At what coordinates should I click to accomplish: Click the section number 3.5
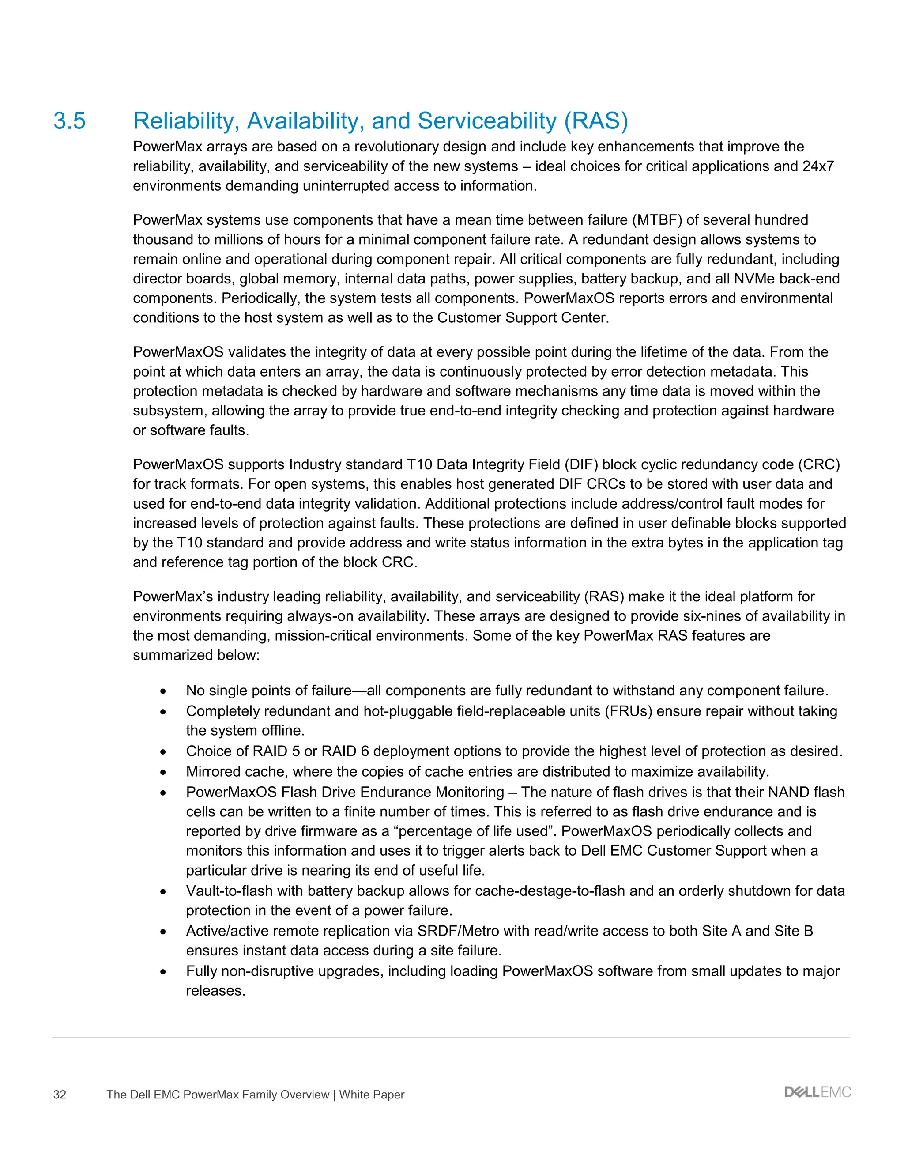pos(70,121)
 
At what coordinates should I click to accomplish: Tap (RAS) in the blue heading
pos(595,121)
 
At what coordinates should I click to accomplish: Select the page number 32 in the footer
pos(60,1095)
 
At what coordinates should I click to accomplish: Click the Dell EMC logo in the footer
pos(817,1092)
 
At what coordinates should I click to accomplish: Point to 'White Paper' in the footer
pos(372,1095)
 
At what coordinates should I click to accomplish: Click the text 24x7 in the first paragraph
pos(818,166)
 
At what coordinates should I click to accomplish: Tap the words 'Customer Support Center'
pos(522,318)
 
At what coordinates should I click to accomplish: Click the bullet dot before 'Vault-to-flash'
pos(163,892)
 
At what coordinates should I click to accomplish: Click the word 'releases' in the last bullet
pos(215,991)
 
